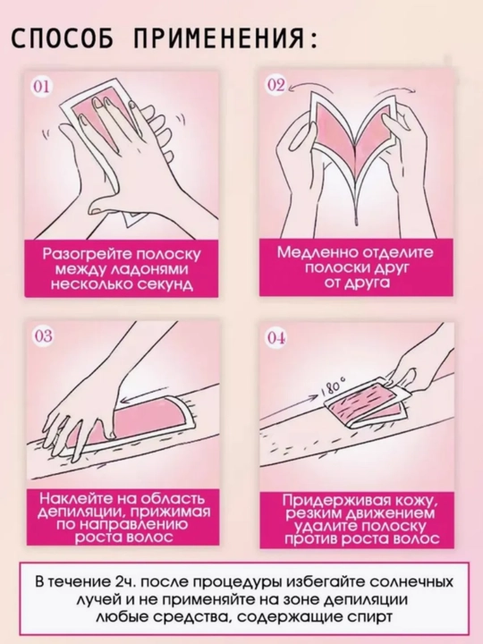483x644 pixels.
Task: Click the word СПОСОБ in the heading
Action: click(x=62, y=39)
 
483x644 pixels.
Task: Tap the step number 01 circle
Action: click(x=41, y=87)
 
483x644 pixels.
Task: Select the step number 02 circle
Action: click(x=276, y=85)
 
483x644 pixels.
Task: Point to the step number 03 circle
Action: click(x=43, y=336)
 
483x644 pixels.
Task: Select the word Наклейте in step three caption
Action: click(x=75, y=498)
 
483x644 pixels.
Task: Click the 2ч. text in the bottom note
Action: click(x=123, y=582)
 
